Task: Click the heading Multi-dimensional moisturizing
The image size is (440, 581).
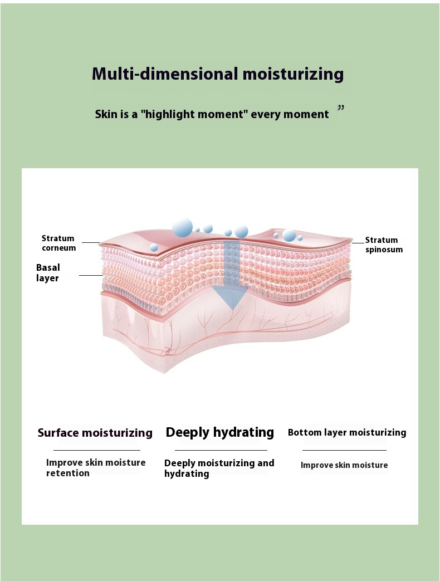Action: tap(218, 74)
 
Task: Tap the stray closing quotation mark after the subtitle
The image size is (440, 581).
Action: tap(341, 108)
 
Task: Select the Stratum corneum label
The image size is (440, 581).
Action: tap(58, 243)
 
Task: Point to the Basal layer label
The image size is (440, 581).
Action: tap(48, 273)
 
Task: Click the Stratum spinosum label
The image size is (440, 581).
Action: tap(383, 245)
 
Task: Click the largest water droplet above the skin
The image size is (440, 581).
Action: tap(182, 227)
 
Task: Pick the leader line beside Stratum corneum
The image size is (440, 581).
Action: tap(90, 242)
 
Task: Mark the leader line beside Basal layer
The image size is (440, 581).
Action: tap(91, 275)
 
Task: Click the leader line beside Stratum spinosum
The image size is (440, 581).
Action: tap(358, 243)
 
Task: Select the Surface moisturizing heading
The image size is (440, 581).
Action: tap(95, 433)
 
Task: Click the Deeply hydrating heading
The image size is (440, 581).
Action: tap(220, 432)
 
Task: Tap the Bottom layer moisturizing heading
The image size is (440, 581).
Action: tap(347, 432)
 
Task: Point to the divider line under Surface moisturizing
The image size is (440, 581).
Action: tap(96, 450)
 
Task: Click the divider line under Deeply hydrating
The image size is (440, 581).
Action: tap(221, 450)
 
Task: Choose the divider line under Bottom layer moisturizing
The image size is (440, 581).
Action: tap(344, 450)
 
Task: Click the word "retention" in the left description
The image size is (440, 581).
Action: tap(68, 473)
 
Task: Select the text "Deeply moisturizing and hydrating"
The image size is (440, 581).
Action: tap(219, 468)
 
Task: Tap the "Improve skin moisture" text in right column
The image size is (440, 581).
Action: tap(344, 465)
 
